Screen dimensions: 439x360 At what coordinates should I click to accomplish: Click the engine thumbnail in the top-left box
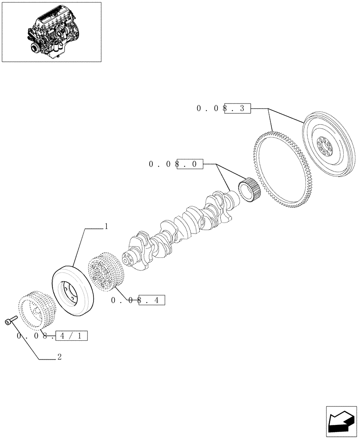pos(51,32)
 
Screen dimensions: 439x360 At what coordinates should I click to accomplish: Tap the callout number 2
pos(59,357)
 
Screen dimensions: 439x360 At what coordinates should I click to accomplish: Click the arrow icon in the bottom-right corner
pos(341,421)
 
